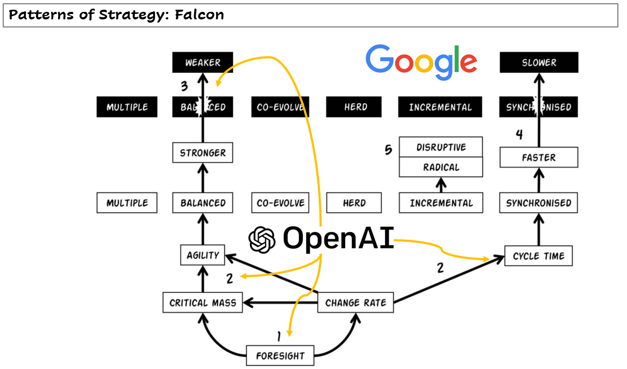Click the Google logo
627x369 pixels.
[x=422, y=62]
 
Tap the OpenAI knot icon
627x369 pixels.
[x=262, y=240]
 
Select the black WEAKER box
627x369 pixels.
[x=203, y=62]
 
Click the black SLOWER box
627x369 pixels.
[x=539, y=62]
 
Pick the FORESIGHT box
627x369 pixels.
[x=280, y=356]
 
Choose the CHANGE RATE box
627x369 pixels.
[x=355, y=303]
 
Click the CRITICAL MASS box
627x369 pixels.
[x=203, y=303]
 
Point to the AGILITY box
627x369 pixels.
[x=203, y=255]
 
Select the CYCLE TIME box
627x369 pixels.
[x=538, y=256]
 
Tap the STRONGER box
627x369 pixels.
[x=203, y=152]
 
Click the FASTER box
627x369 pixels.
[x=539, y=157]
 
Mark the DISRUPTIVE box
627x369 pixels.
[x=440, y=147]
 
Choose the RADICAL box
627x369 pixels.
[x=440, y=167]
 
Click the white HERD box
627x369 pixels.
[x=354, y=203]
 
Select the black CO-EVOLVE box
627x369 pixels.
[x=280, y=107]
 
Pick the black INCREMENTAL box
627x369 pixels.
[x=440, y=107]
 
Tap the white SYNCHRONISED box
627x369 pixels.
[x=538, y=203]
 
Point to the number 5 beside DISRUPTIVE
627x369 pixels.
[x=388, y=150]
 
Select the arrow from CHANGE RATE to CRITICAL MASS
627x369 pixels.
[x=280, y=303]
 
